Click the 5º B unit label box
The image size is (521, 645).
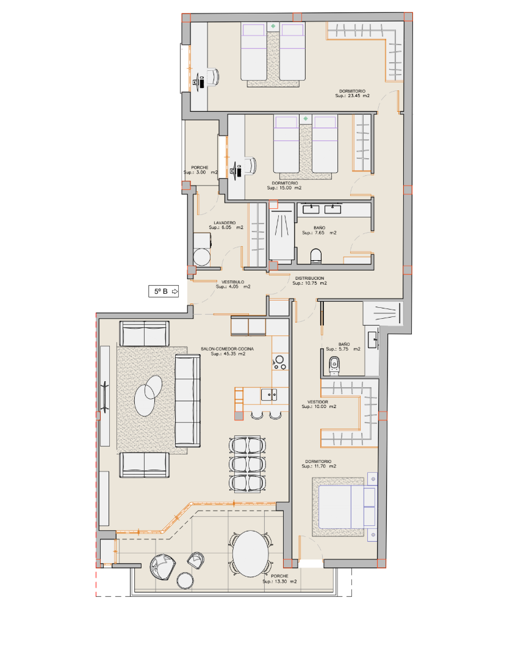[163, 291]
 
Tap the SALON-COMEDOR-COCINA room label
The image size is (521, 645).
[227, 349]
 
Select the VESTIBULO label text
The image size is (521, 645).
[233, 282]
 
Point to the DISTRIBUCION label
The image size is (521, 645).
[309, 278]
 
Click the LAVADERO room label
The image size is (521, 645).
[225, 222]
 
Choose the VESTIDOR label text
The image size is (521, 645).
[318, 402]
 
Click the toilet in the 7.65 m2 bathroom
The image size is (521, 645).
[315, 256]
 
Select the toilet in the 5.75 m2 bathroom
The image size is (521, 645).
[334, 366]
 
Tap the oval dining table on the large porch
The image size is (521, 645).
[251, 553]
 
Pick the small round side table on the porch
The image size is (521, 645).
[185, 580]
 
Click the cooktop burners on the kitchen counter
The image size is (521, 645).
[279, 362]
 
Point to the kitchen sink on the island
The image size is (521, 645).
[269, 395]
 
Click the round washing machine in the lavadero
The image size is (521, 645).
[202, 257]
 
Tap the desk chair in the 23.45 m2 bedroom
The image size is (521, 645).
[213, 77]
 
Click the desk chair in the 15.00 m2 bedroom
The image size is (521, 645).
[250, 166]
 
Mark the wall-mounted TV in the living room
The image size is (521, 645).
[104, 396]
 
